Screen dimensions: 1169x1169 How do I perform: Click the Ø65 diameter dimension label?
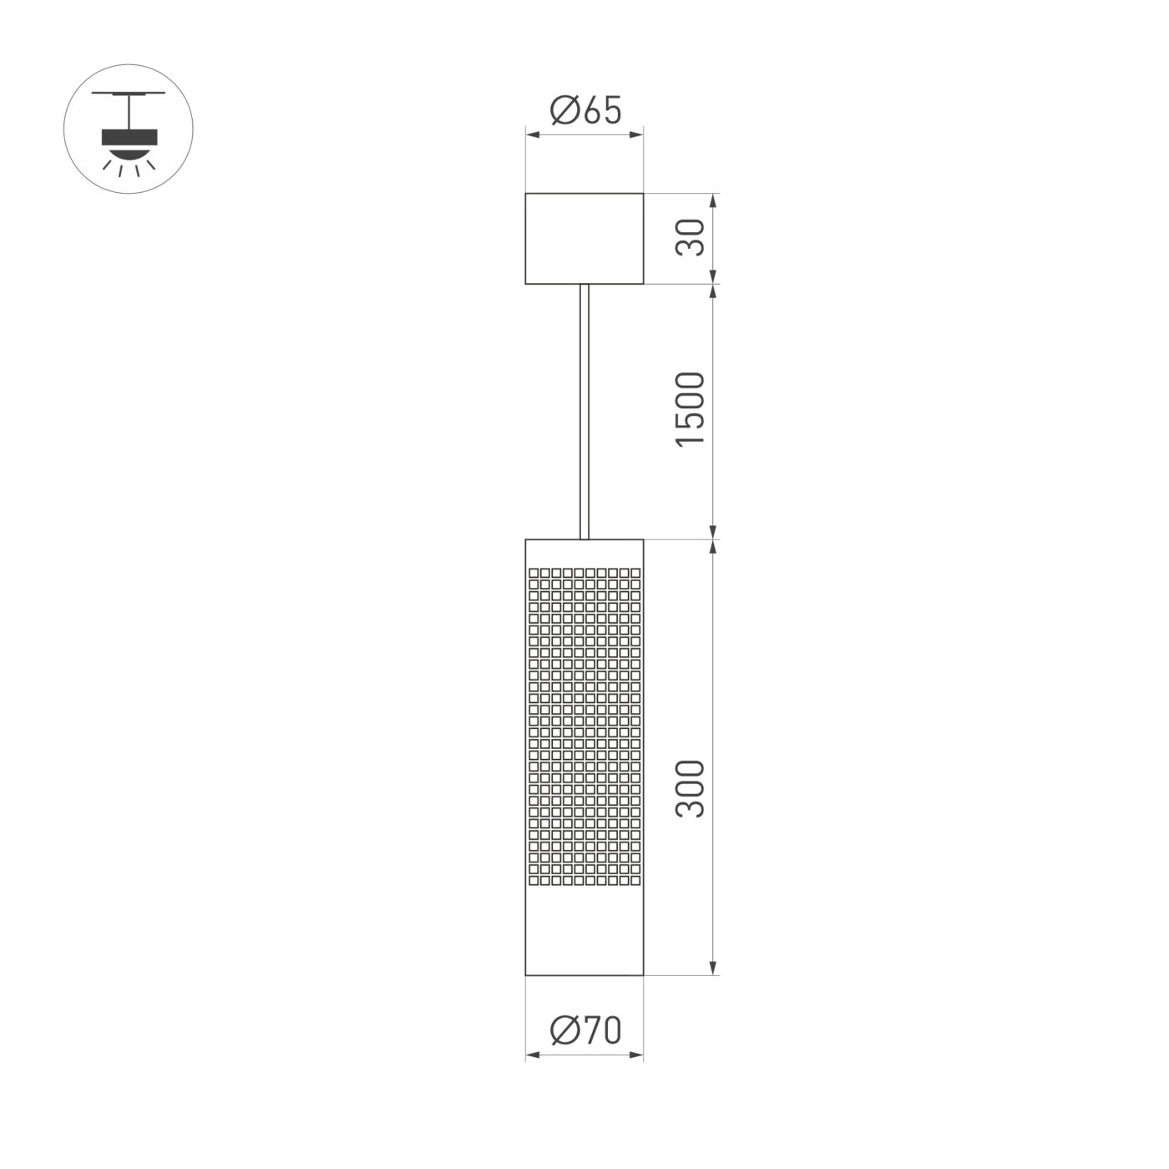(x=585, y=110)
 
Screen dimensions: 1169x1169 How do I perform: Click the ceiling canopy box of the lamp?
(x=584, y=238)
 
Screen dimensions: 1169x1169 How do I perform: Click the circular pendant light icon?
(x=129, y=129)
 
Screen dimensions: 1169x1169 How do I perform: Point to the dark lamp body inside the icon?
(x=129, y=137)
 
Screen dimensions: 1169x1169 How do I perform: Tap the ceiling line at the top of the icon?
(x=129, y=93)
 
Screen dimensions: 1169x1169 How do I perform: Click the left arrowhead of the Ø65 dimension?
(x=531, y=133)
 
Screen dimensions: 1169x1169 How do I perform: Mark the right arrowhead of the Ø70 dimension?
(x=638, y=1055)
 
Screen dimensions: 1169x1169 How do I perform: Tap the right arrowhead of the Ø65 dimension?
(x=638, y=133)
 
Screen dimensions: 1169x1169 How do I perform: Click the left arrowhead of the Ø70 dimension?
(x=531, y=1055)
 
